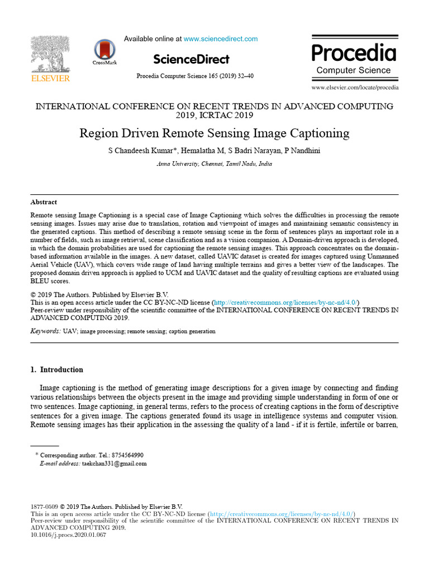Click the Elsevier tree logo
(x=50, y=54)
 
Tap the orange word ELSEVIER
(x=50, y=79)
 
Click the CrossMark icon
(x=104, y=51)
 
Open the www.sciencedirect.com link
(x=221, y=39)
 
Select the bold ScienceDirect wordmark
(x=191, y=59)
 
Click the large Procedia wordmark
(x=354, y=53)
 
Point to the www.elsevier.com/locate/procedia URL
(x=355, y=88)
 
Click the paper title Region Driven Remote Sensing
(x=214, y=134)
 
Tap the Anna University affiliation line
(x=214, y=164)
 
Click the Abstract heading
(x=44, y=202)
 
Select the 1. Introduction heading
(x=56, y=370)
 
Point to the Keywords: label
(x=45, y=331)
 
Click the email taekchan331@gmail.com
(x=114, y=464)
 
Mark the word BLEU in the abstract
(x=41, y=282)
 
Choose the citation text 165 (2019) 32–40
(x=228, y=76)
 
